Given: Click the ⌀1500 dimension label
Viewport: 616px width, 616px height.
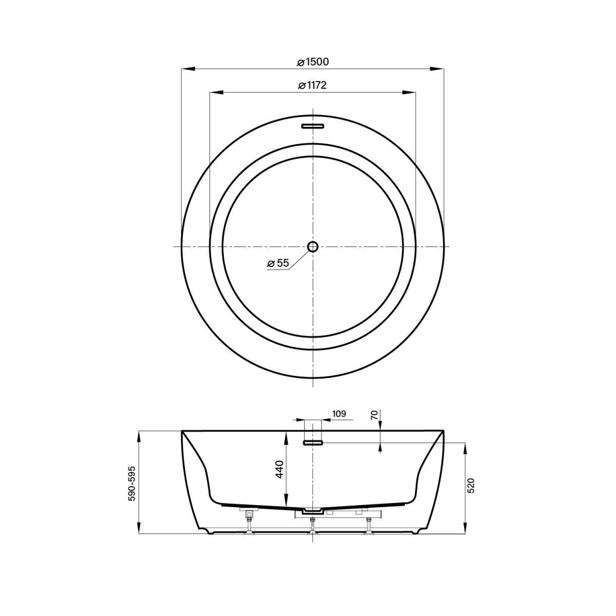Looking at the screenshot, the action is pyautogui.click(x=312, y=62).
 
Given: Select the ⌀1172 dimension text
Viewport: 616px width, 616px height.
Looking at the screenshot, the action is pyautogui.click(x=312, y=86).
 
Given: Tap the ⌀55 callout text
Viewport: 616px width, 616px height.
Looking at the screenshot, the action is pyautogui.click(x=278, y=263).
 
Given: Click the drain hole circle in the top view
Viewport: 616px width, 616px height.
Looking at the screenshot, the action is pyautogui.click(x=313, y=246).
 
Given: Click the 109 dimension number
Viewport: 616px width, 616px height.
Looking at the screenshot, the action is pyautogui.click(x=339, y=414).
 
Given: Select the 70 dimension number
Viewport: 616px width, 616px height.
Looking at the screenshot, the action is pyautogui.click(x=374, y=415).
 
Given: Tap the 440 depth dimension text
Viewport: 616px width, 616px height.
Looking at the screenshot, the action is pyautogui.click(x=280, y=469).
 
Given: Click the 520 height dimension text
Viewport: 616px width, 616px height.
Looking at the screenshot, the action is pyautogui.click(x=471, y=486).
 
